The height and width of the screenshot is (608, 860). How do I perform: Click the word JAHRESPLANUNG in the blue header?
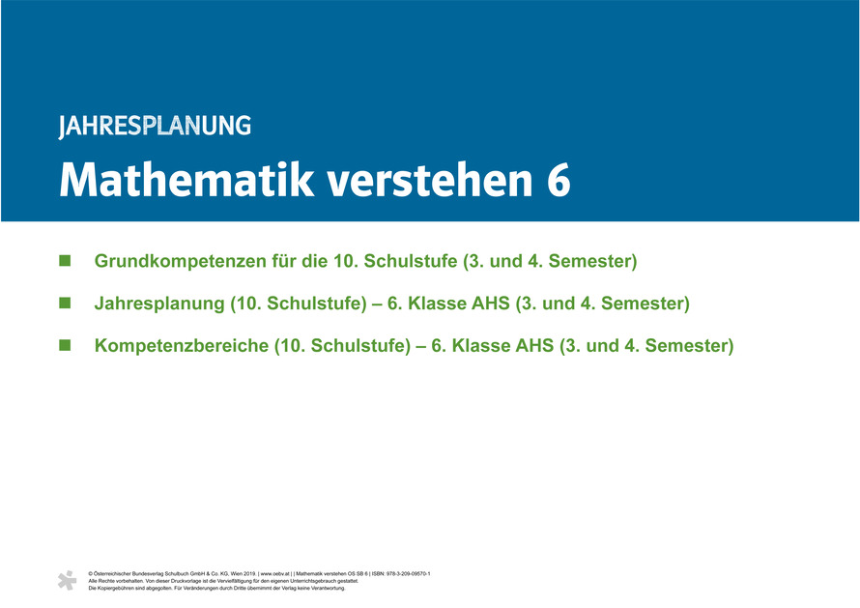click(155, 127)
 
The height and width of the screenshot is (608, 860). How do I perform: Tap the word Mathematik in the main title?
click(186, 180)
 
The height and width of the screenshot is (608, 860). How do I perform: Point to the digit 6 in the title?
click(559, 181)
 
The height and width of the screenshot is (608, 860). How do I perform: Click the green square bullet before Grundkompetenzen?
click(65, 261)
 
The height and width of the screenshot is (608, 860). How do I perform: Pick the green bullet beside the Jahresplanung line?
click(65, 303)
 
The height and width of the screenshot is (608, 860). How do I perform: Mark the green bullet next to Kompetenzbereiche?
click(65, 345)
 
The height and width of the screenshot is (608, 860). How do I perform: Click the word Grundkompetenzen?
click(181, 261)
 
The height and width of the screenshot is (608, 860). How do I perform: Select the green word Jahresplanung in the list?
click(159, 304)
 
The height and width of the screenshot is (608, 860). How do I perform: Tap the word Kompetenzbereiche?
click(182, 346)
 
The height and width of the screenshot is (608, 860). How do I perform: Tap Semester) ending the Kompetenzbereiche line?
click(689, 346)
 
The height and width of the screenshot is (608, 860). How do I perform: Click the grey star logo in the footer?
click(68, 581)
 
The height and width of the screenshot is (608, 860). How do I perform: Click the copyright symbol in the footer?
click(91, 574)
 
